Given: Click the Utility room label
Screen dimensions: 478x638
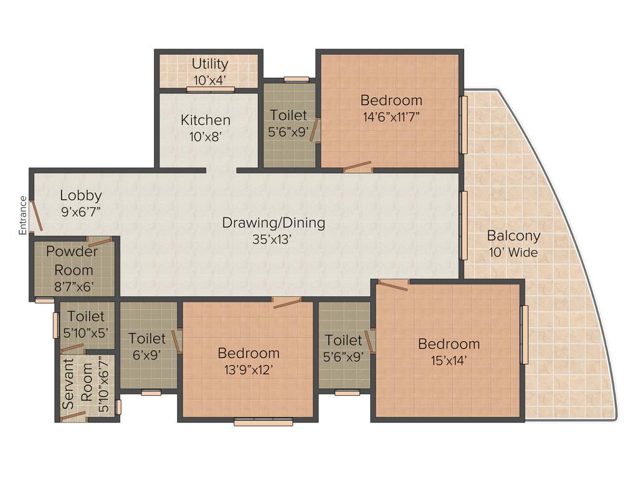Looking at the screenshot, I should click(210, 64).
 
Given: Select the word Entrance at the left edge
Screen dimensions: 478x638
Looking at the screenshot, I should click(23, 215).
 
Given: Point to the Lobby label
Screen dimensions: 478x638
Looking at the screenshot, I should click(81, 195).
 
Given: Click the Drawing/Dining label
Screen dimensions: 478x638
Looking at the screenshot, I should click(274, 223).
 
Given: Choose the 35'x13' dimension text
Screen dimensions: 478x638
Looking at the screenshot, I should click(274, 239).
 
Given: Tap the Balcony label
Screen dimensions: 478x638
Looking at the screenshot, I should click(513, 237).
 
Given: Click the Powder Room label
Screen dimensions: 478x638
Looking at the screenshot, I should click(73, 261).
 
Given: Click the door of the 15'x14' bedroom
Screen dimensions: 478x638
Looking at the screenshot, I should click(393, 286).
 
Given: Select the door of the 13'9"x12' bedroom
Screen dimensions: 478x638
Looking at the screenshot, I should click(287, 303).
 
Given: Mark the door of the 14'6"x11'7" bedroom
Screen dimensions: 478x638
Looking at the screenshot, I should click(358, 167).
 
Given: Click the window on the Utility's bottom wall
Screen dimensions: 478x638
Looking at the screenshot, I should click(211, 90).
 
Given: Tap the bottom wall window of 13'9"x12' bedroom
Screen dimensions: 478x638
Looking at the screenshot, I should click(263, 423).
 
